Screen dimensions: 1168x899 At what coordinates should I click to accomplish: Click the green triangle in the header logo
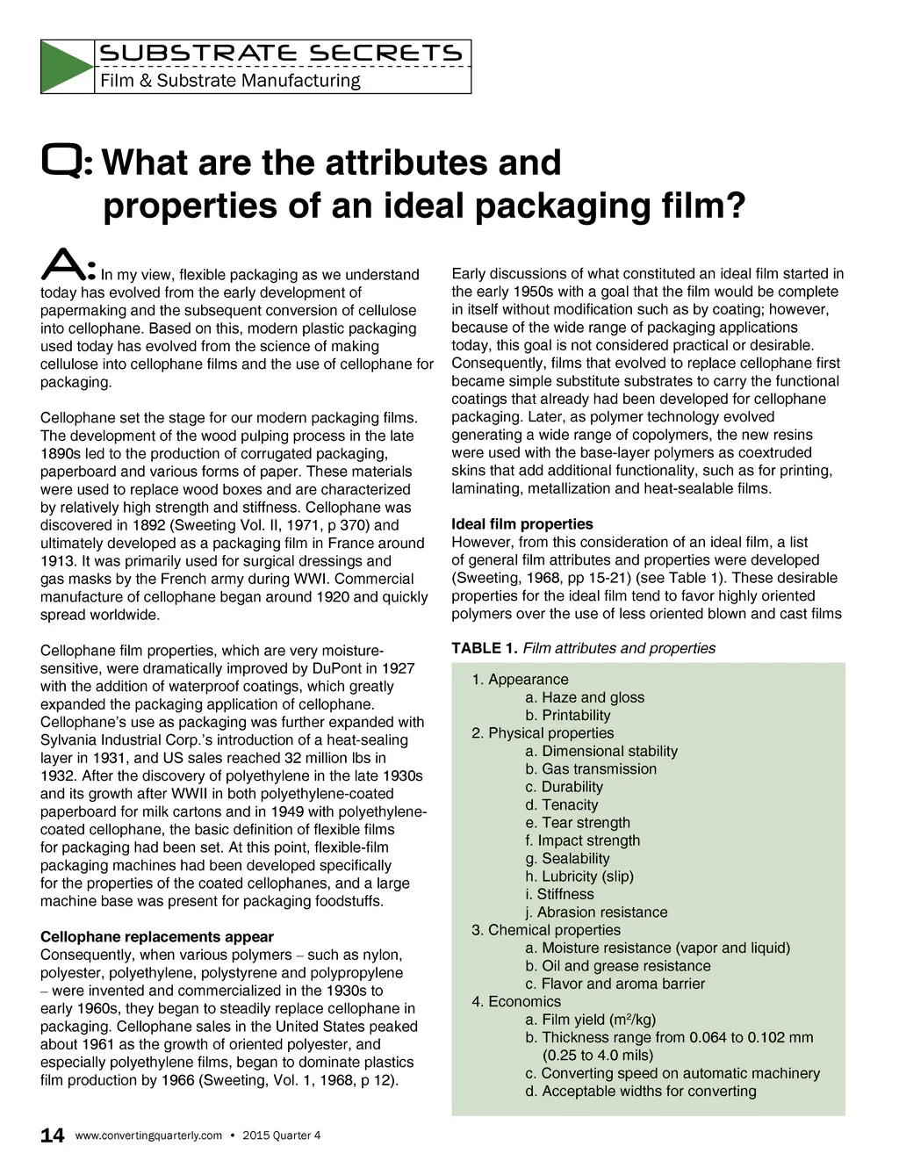(64, 67)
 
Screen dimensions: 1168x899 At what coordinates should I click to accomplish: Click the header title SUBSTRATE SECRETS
(281, 54)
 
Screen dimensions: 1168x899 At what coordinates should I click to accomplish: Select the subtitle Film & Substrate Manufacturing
(230, 81)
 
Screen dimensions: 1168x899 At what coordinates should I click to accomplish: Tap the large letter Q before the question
(63, 162)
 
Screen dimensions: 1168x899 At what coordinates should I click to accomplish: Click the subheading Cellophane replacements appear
(157, 937)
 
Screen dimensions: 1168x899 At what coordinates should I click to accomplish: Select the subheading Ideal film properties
(522, 524)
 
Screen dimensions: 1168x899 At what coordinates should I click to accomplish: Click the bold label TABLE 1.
(484, 648)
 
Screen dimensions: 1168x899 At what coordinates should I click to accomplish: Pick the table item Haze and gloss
(585, 697)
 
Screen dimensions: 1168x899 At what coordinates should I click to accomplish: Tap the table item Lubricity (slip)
(579, 876)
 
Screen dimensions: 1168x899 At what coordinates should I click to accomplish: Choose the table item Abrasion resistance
(597, 912)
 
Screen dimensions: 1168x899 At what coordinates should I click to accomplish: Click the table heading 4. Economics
(516, 1002)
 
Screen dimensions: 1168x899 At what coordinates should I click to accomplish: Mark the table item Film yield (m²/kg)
(591, 1020)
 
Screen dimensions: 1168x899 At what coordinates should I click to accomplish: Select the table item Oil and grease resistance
(618, 966)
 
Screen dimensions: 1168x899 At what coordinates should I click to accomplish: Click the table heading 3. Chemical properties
(546, 930)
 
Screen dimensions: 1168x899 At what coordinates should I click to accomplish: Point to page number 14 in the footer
(53, 1136)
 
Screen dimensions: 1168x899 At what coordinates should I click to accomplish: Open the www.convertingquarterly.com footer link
(148, 1136)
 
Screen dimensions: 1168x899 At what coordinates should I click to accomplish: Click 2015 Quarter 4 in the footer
(281, 1136)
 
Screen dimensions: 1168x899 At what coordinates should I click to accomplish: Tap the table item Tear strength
(578, 823)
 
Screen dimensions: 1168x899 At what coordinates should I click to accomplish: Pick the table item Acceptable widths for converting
(641, 1092)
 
